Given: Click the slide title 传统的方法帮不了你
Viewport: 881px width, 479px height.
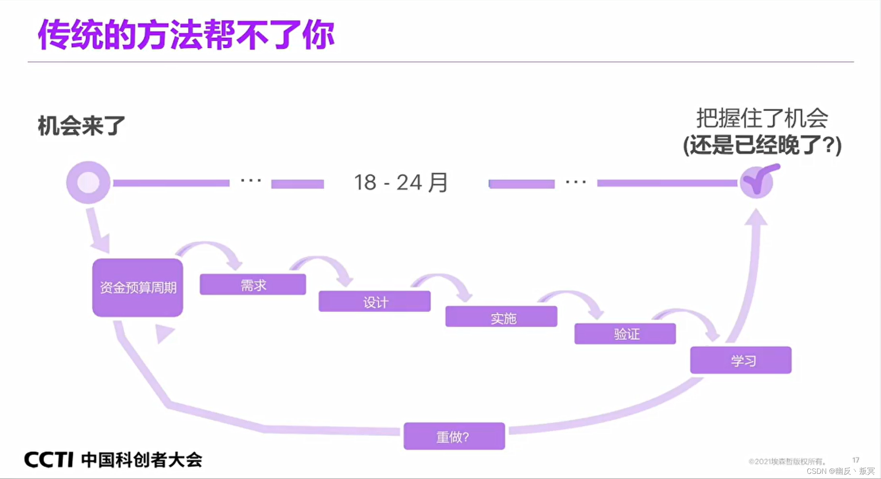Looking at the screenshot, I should coord(186,35).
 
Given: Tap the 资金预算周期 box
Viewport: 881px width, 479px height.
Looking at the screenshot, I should coord(138,288).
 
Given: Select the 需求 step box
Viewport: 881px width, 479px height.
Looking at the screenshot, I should coord(253,284).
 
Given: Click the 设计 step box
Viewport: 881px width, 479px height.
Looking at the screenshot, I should coord(374,301).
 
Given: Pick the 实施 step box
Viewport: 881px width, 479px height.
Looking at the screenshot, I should coord(501,317).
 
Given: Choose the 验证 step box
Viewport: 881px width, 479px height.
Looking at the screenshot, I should coord(625,334).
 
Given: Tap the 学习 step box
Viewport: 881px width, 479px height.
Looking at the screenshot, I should coord(740,360).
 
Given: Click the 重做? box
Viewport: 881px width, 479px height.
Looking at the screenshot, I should coord(454,436).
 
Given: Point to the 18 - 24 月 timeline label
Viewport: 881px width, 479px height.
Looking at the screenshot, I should coord(401,183).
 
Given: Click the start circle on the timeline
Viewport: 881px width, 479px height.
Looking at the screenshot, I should coord(88,183).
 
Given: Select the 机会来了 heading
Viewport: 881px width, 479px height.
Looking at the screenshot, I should coord(81,126).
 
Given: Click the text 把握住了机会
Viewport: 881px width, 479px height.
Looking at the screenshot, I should coord(762,118).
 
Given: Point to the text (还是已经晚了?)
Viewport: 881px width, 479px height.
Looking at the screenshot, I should coord(762,145).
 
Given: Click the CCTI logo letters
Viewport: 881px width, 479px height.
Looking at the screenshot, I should coord(48,460).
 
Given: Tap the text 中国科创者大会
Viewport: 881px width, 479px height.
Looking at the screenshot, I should coord(142,460).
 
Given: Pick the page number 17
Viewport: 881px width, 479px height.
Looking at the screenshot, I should coord(856,460).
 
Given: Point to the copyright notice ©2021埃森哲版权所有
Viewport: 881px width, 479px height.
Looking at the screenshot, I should coord(786,462).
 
